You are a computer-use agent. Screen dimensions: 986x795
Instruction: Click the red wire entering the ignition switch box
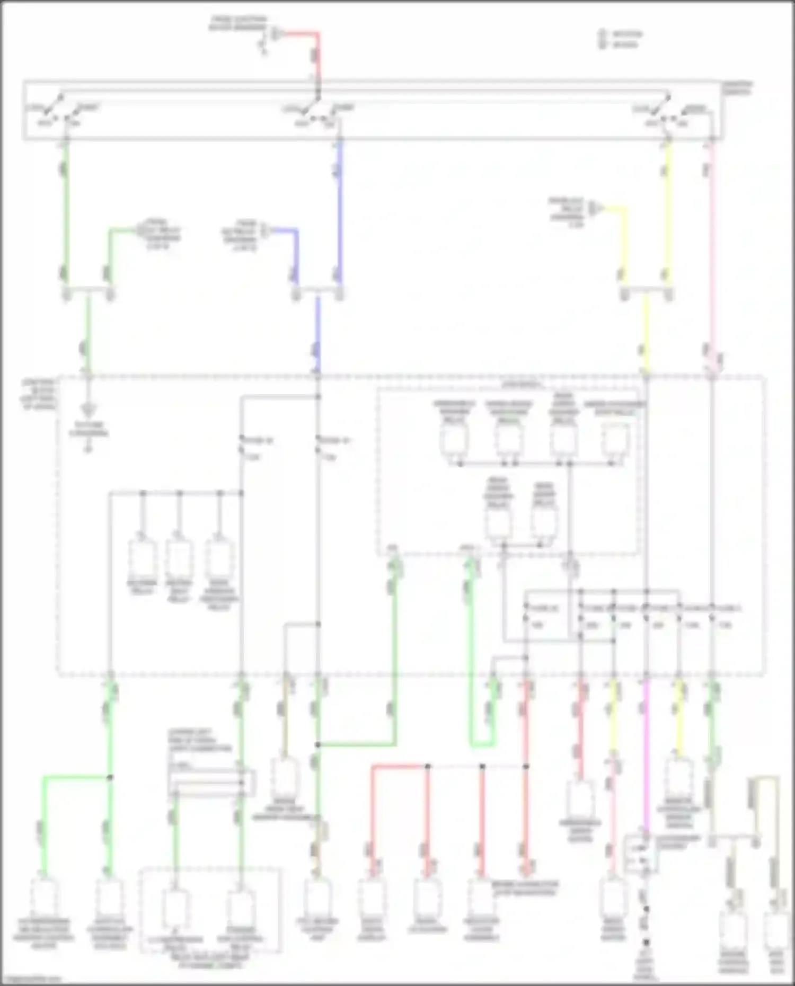318,58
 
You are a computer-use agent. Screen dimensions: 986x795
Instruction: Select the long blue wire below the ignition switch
339,212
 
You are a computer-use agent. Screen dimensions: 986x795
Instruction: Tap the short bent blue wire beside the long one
296,254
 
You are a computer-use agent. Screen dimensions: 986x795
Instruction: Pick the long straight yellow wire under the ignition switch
668,212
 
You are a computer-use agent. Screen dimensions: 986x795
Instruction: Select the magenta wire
646,752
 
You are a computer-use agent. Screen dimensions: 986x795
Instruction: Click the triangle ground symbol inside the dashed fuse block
89,410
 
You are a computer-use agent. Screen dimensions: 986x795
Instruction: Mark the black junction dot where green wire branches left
110,777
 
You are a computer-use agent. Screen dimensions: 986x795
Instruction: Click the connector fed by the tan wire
285,777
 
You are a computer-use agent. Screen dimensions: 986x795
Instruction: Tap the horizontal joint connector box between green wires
211,783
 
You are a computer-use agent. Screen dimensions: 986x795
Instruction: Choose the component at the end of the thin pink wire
613,895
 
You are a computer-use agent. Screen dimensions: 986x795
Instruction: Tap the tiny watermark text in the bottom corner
32,979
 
